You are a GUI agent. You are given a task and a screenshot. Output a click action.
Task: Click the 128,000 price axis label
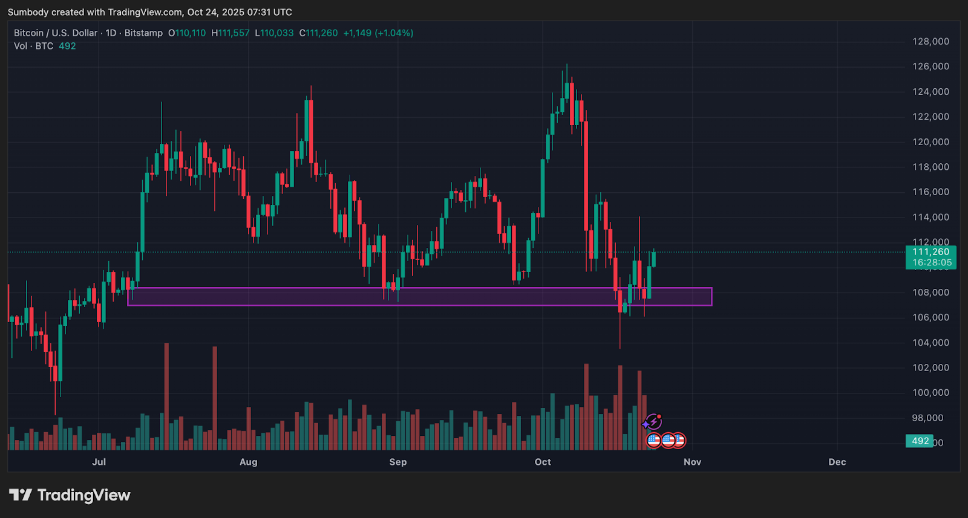[x=930, y=42]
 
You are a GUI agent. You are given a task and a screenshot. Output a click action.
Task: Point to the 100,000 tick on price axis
[x=930, y=393]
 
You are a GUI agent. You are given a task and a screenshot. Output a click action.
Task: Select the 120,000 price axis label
[x=930, y=142]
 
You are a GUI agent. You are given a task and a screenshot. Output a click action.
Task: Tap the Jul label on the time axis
[x=99, y=462]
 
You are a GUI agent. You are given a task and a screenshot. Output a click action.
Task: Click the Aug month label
[x=249, y=462]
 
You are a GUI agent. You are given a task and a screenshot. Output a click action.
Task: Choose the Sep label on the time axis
[x=398, y=462]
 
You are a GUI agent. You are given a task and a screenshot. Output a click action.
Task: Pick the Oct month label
[x=543, y=462]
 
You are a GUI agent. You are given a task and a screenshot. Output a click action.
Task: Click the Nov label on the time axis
[x=692, y=462]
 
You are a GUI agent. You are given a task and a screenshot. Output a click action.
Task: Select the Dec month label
[x=837, y=462]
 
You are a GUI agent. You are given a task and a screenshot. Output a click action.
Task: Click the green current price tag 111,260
[x=931, y=253]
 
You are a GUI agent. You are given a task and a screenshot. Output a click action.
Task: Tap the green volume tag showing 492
[x=920, y=441]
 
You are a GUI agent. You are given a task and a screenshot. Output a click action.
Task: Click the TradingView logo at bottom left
[x=70, y=496]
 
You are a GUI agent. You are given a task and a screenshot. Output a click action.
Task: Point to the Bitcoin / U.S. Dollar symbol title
[x=56, y=33]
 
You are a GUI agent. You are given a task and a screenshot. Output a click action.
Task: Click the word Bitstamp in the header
[x=143, y=33]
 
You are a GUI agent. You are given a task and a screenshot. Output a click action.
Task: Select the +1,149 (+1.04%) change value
[x=378, y=33]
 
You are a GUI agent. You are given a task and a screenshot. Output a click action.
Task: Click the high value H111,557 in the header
[x=231, y=33]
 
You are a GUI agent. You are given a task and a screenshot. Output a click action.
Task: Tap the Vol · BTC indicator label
[x=34, y=46]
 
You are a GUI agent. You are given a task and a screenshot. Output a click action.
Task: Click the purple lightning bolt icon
[x=653, y=421]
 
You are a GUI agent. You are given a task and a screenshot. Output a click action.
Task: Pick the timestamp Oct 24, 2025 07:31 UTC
[x=240, y=12]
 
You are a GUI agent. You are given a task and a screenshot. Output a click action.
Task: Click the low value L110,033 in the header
[x=274, y=33]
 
